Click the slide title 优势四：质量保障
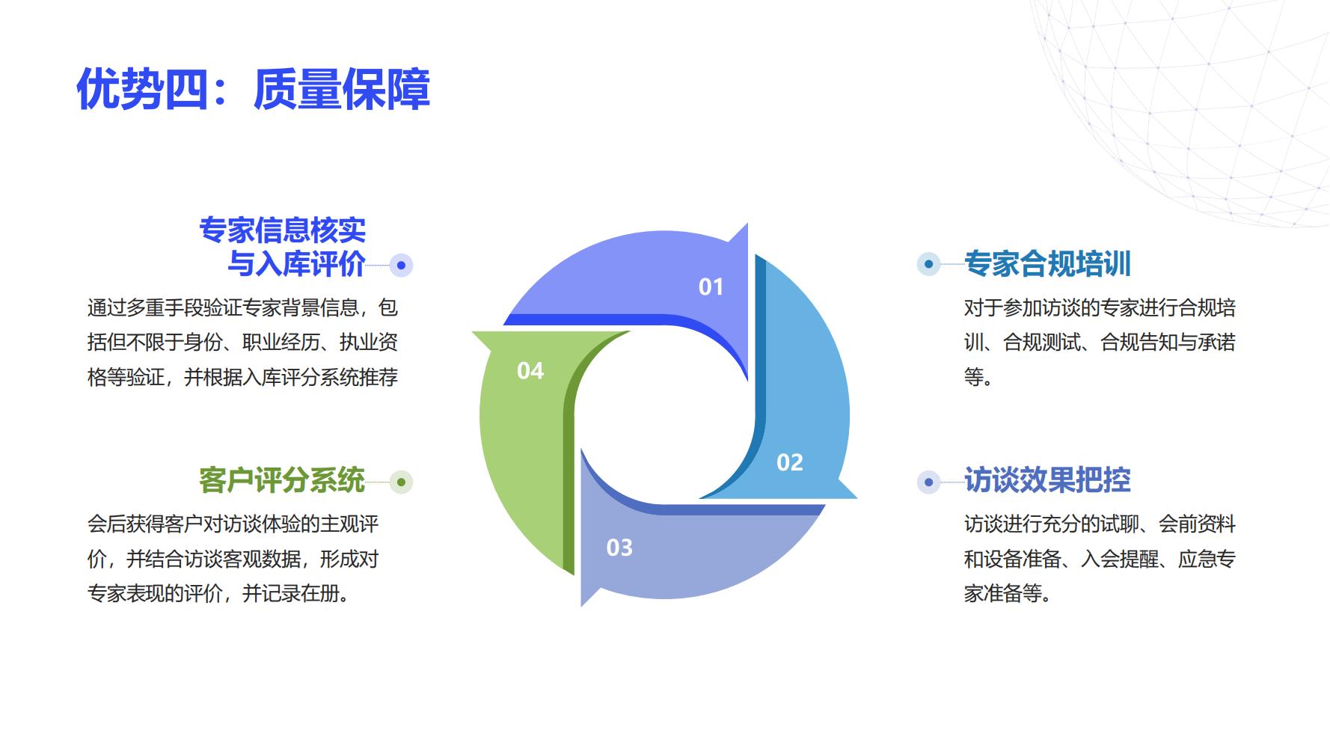coord(254,89)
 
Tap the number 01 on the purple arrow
coord(711,286)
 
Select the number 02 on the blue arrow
coord(790,462)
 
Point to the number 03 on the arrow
coord(619,548)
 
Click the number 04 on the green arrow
coord(530,370)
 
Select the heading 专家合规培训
coord(1047,263)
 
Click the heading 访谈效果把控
coord(1047,480)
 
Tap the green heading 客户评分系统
coord(282,480)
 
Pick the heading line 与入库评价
coord(296,263)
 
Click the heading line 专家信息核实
coord(282,230)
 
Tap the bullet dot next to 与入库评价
coord(402,265)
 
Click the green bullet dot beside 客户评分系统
coord(402,482)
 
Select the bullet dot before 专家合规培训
coord(928,264)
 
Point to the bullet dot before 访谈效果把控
coord(928,482)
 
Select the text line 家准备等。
coord(1008,593)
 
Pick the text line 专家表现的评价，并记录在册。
coord(218,593)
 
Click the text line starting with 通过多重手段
coord(242,307)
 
